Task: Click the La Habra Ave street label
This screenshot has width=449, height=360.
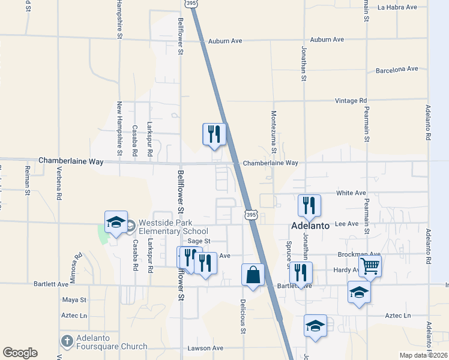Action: coord(397,7)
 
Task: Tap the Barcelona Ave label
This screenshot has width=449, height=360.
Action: coord(397,70)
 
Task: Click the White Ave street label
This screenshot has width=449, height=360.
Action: coord(351,193)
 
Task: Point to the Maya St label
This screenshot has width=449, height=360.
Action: coord(75,299)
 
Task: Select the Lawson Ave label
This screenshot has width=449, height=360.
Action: coord(205,348)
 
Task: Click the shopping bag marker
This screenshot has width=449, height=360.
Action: coord(253,275)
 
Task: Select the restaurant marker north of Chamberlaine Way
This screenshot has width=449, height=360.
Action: coord(214,134)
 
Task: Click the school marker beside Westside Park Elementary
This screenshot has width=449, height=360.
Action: coord(116,223)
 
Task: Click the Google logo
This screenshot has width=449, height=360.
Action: coord(20,353)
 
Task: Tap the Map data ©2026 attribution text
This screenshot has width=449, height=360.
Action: coord(423,355)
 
